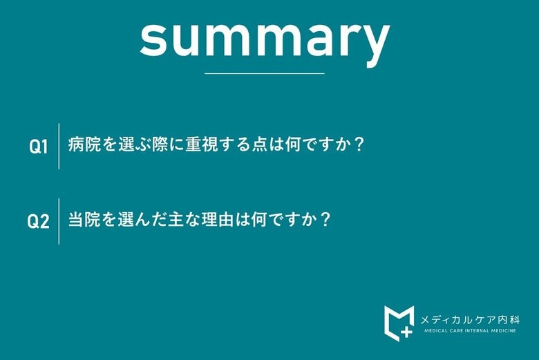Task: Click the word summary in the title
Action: click(265, 38)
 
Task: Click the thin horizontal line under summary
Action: click(265, 73)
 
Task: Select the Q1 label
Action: click(38, 146)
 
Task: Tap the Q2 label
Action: click(38, 222)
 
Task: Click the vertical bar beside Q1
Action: click(59, 146)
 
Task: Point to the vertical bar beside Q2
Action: click(59, 221)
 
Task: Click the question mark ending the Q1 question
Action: click(357, 146)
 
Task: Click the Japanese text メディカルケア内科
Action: click(470, 319)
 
